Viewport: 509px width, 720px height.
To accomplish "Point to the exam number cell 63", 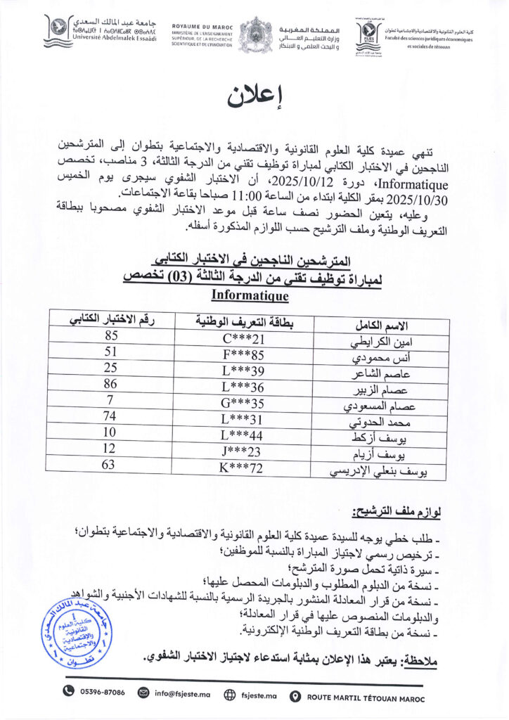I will click(x=110, y=465).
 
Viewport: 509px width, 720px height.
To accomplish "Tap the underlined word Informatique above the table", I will click(x=250, y=297).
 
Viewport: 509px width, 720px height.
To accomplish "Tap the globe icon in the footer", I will click(x=228, y=693).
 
